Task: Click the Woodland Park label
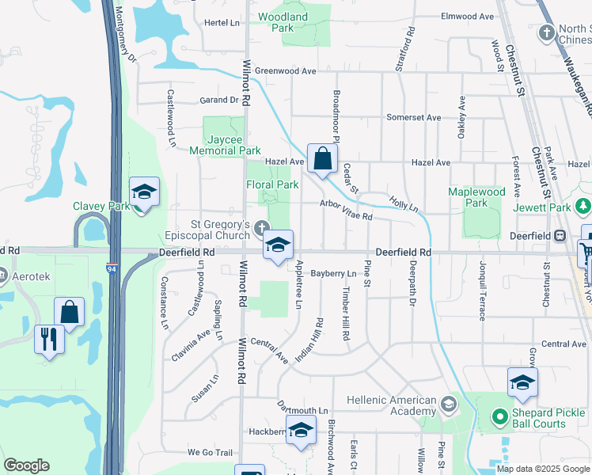pyautogui.click(x=283, y=21)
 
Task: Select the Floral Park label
pyautogui.click(x=271, y=184)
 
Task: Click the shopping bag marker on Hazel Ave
pyautogui.click(x=322, y=159)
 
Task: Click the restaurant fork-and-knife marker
pyautogui.click(x=49, y=340)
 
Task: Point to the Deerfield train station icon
pyautogui.click(x=560, y=235)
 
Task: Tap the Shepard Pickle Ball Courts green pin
pyautogui.click(x=499, y=415)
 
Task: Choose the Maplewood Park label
pyautogui.click(x=476, y=197)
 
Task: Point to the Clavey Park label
pyautogui.click(x=101, y=206)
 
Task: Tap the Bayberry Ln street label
pyautogui.click(x=333, y=273)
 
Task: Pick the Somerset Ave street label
pyautogui.click(x=413, y=117)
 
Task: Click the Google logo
pyautogui.click(x=26, y=465)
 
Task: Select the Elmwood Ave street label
pyautogui.click(x=468, y=16)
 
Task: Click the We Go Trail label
pyautogui.click(x=210, y=452)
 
